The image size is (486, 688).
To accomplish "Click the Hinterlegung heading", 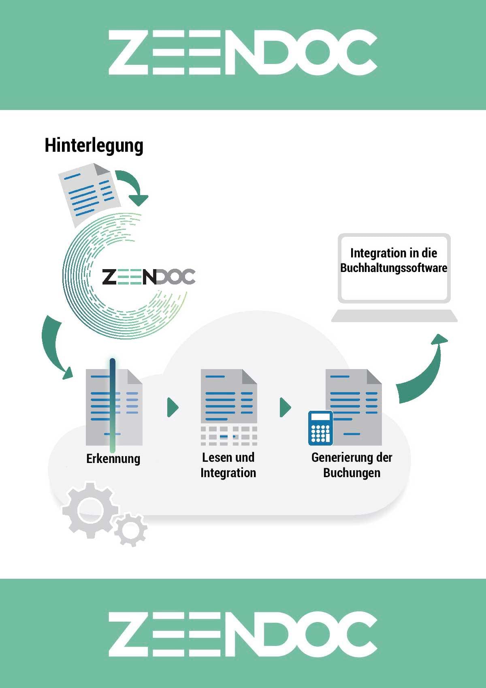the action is coord(94,146).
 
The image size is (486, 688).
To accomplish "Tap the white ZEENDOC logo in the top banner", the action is coord(243,53).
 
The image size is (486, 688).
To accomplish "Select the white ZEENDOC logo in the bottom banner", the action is coord(243,634).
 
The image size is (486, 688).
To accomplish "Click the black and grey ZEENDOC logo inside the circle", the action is coord(149,276).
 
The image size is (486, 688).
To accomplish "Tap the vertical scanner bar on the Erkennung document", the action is coord(113,406).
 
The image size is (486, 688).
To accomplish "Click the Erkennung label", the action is coord(113,459).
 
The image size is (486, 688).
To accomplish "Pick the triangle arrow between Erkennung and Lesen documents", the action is coord(173,408).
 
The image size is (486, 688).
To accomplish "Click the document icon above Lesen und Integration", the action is coord(229,407).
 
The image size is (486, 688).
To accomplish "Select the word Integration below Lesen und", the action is coord(228,473).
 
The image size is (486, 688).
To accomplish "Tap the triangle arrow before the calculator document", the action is coord(285,408).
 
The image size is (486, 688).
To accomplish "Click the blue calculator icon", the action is coord(321,428).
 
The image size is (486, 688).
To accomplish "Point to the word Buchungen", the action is coord(352,473).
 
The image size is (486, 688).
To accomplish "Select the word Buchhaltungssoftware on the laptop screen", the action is coord(394,268).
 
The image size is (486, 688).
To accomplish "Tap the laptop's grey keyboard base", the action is coord(394,316).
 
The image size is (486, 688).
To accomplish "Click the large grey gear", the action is coord(90,510).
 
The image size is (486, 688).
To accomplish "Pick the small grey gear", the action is coord(131,529).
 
